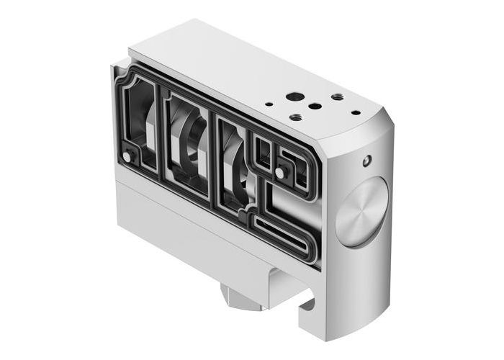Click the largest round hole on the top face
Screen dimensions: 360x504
pos(294,96)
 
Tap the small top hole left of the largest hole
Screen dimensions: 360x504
pos(269,104)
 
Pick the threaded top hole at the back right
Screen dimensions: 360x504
pos(337,96)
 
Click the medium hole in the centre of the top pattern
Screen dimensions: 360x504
pos(315,106)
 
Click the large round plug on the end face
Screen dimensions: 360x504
pos(361,213)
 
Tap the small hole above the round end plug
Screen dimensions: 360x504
pos(368,158)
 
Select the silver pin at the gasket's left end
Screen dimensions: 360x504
pos(128,156)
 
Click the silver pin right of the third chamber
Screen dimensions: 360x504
pos(278,173)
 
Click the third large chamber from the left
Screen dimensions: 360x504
pos(235,162)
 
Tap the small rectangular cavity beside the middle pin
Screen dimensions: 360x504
pos(264,153)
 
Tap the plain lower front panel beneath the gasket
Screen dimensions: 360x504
pos(180,223)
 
